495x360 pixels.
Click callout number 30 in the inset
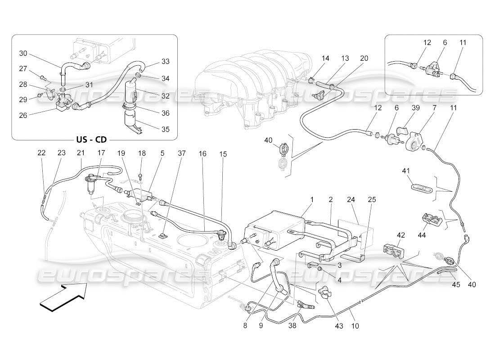(23, 53)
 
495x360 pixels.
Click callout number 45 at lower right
(456, 284)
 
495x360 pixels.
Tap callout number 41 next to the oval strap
(406, 171)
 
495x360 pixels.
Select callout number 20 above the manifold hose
(364, 58)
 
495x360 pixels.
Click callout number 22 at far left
(41, 153)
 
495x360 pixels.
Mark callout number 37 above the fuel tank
(181, 153)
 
